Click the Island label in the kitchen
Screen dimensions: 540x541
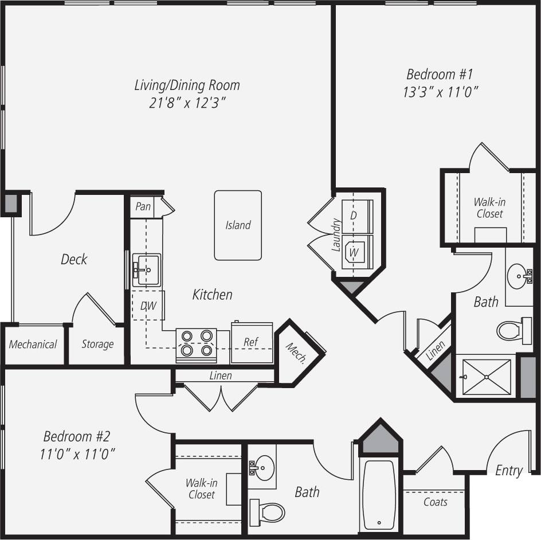[x=238, y=225]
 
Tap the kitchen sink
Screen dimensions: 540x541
[x=146, y=270]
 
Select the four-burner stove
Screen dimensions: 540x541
[x=196, y=345]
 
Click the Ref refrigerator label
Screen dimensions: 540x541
[x=251, y=342]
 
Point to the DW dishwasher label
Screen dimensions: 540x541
[x=148, y=306]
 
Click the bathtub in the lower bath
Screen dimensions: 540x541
[x=379, y=494]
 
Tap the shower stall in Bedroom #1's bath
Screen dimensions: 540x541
[x=486, y=377]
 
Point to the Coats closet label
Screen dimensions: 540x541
[x=436, y=502]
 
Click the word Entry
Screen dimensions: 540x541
[x=509, y=471]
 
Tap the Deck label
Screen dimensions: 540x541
[x=74, y=259]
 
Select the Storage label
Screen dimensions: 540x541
[x=97, y=345]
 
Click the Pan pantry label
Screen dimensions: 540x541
[x=143, y=206]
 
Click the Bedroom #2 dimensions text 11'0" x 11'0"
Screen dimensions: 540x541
[x=78, y=455]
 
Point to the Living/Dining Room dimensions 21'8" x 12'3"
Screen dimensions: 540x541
[x=187, y=103]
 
